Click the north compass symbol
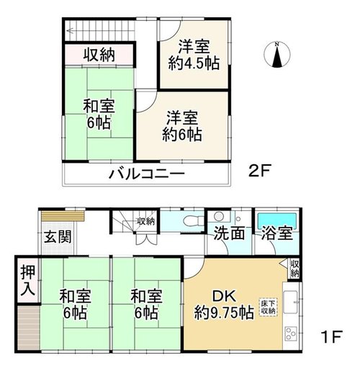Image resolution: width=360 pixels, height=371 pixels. coord(277,55)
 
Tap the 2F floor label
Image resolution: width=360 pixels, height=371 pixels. coord(259,171)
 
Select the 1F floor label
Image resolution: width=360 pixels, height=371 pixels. coord(331,336)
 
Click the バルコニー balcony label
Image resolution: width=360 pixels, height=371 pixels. coord(147,174)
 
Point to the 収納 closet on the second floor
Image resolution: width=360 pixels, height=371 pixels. coord(99,55)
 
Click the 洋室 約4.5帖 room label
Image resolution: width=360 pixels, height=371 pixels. coord(194,55)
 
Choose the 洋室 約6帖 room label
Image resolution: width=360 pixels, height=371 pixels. coord(182,125)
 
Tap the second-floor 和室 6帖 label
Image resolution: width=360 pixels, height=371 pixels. coord(99,114)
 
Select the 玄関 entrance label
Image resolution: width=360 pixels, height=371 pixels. coord(58,237)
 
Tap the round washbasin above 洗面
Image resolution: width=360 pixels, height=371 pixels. coord(219,217)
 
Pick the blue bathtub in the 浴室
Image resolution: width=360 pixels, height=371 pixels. coord(276,220)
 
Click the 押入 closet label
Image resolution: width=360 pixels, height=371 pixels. coord(28,280)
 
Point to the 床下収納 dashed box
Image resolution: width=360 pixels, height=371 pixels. coord(268,307)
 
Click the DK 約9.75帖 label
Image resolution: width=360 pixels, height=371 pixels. coord(224,305)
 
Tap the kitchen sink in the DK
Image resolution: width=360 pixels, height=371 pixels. coord(291,302)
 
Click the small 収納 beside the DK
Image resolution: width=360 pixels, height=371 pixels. coord(294,268)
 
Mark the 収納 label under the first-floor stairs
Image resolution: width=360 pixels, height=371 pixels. coord(145,221)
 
